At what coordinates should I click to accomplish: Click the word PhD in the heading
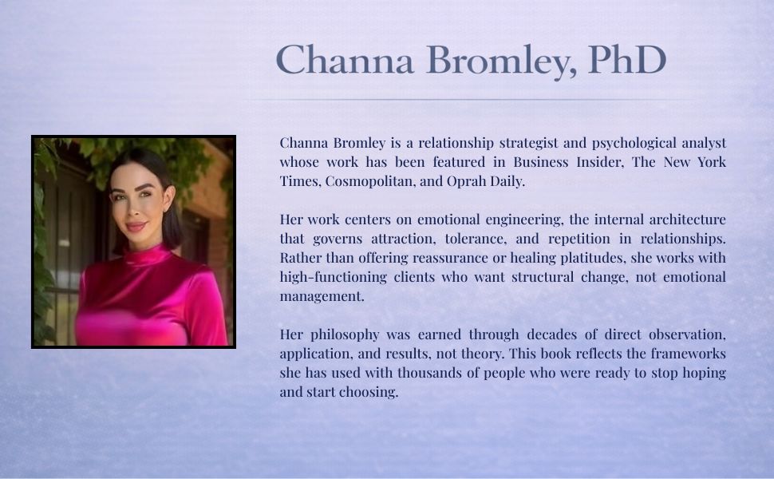click(x=627, y=60)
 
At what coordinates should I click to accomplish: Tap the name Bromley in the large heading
click(x=501, y=61)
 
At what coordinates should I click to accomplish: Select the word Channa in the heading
click(x=345, y=60)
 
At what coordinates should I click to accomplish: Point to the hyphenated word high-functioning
click(x=334, y=278)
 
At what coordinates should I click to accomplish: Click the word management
click(x=322, y=297)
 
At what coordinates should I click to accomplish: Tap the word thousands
click(x=428, y=373)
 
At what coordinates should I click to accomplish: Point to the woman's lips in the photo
click(x=136, y=227)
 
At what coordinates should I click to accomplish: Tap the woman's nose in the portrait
click(x=133, y=210)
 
